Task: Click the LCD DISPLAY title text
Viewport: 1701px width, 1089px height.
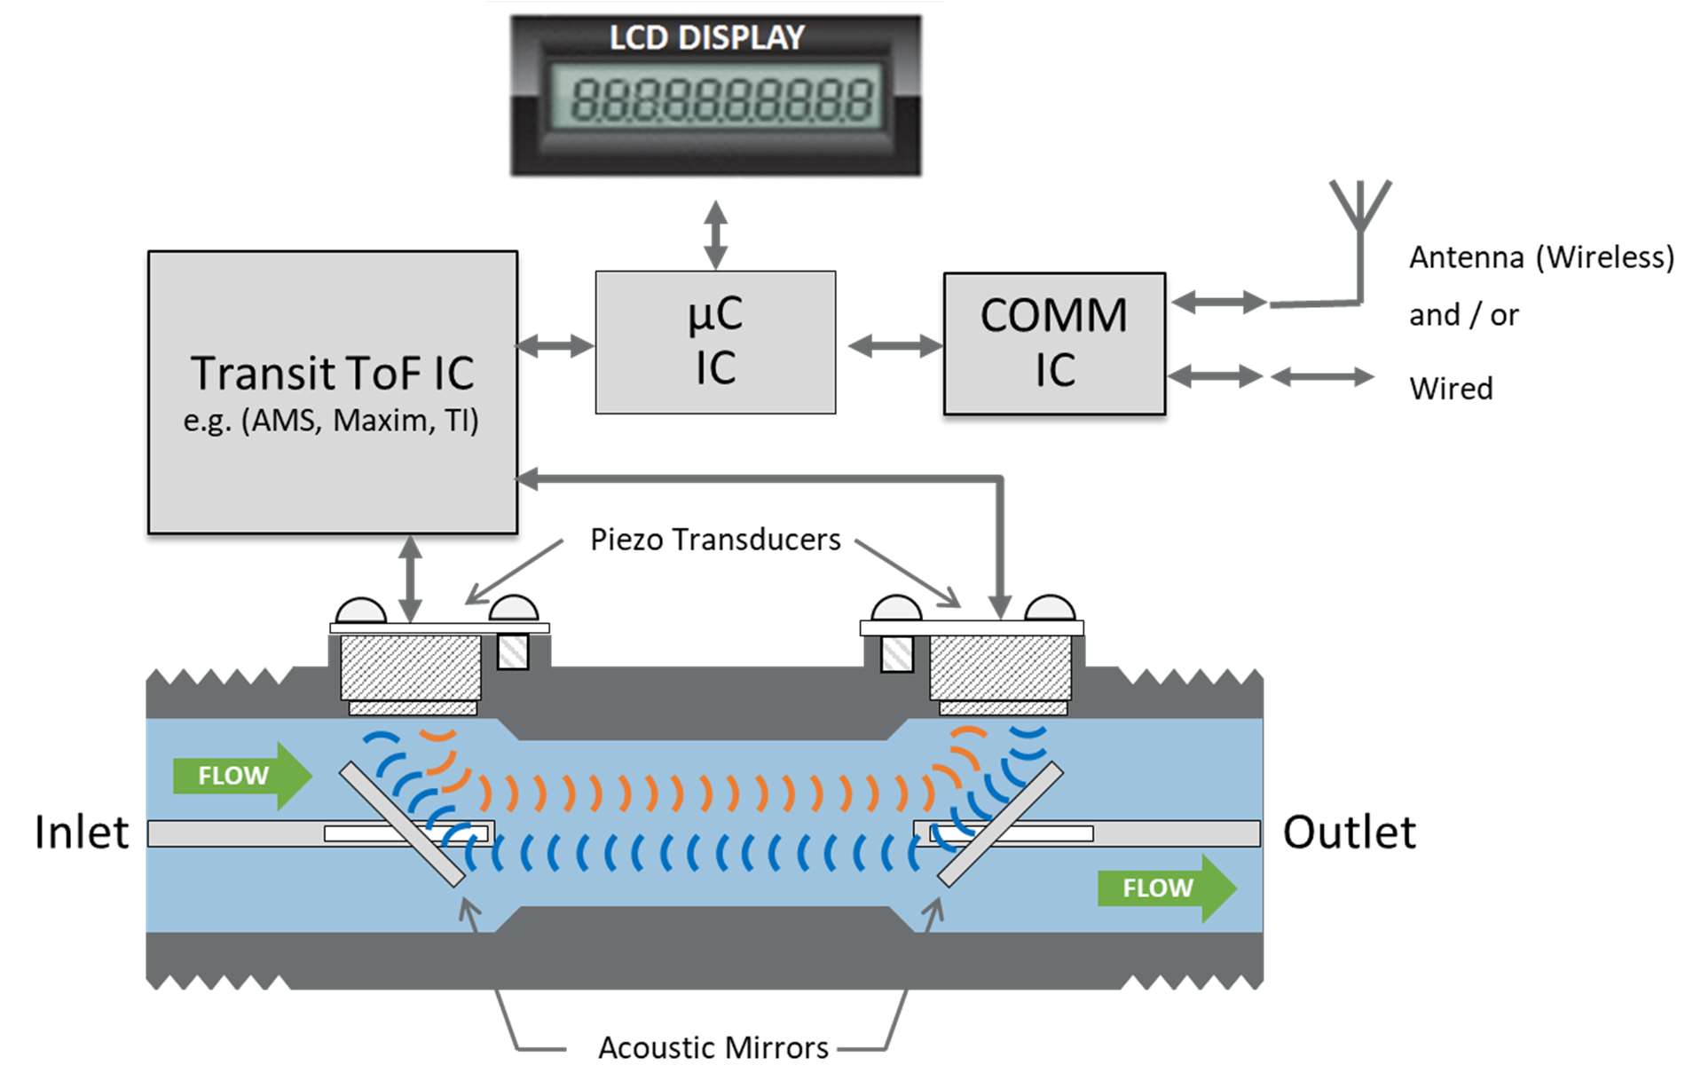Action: coord(706,37)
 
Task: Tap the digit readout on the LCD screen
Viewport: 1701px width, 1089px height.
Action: coord(721,99)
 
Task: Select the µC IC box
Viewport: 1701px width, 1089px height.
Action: coord(715,342)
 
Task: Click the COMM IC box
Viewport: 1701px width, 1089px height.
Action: coord(1054,343)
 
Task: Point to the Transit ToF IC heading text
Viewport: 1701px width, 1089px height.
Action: coord(333,373)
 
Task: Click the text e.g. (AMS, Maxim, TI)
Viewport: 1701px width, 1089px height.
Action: coord(331,420)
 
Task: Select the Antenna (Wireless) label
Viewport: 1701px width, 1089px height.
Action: coord(1541,257)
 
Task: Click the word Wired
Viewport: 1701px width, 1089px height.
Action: coord(1451,389)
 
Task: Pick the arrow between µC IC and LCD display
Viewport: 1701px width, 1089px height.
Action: coord(715,234)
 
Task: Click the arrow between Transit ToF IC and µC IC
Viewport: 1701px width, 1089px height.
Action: coord(555,345)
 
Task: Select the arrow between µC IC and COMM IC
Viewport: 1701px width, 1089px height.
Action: coord(894,345)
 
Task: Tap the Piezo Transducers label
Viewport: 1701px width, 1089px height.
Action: coord(715,540)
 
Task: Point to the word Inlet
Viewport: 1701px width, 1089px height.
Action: coord(82,833)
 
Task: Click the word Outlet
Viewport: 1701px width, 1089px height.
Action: coord(1349,833)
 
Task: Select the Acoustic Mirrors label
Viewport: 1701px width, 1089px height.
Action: coord(713,1048)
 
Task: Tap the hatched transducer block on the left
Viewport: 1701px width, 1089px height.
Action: coord(411,667)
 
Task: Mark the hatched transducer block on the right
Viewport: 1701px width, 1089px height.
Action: coord(1000,667)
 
